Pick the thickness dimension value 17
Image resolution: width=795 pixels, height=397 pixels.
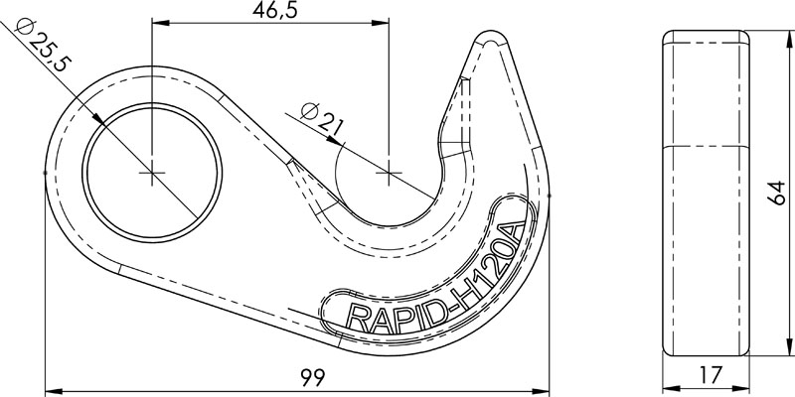[x=707, y=378]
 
